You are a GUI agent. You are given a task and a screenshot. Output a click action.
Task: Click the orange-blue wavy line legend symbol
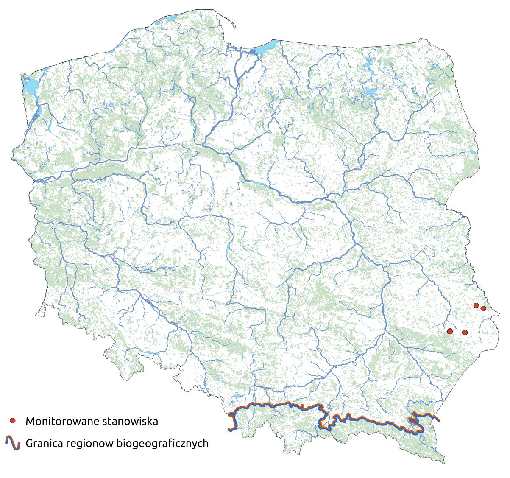13,443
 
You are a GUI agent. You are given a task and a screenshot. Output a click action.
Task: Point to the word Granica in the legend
43,444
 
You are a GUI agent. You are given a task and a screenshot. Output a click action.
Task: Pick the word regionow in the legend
86,444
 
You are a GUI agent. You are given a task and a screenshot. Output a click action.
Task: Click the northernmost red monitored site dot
476,305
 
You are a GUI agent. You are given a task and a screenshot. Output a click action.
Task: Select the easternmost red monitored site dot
483,308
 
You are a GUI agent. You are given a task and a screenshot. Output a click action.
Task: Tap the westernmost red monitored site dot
450,331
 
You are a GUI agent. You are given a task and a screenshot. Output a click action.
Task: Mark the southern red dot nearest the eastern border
465,332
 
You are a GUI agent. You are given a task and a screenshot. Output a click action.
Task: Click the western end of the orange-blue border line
229,430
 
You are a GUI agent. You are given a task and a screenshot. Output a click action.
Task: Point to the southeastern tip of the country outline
444,463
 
